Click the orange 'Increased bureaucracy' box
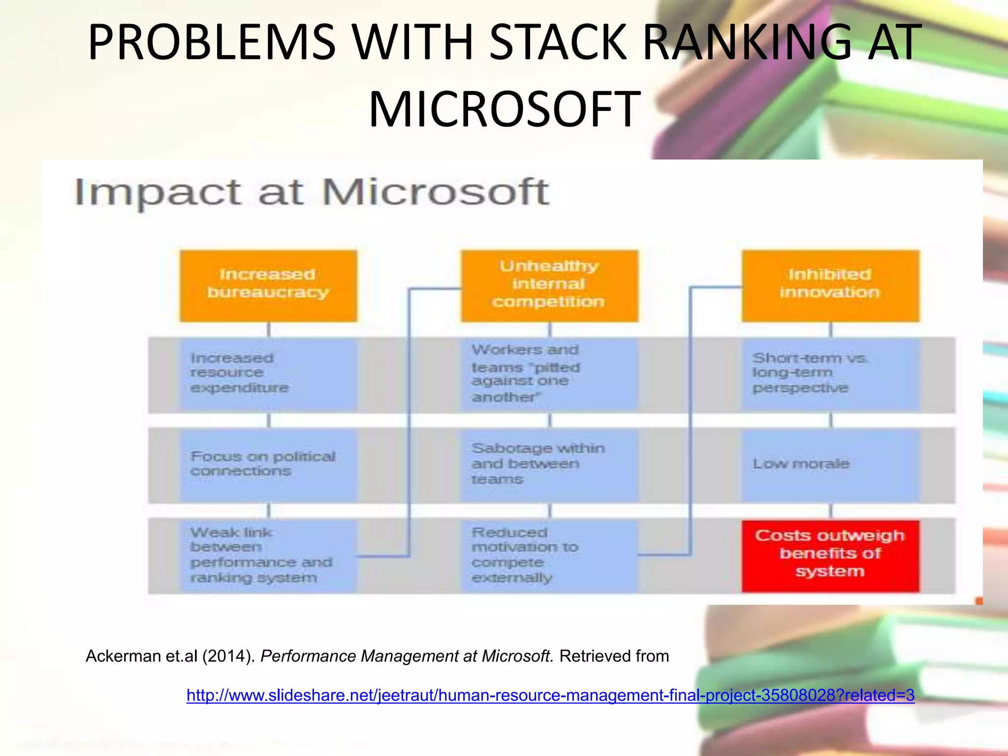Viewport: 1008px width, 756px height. [x=268, y=285]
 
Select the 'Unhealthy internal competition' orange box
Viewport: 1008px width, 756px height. [x=549, y=285]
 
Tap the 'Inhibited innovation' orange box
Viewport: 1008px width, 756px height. [x=830, y=285]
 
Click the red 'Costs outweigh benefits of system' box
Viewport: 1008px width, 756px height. [x=830, y=555]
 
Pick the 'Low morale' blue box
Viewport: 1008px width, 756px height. [x=830, y=465]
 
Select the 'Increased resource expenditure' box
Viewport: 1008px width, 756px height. [x=268, y=374]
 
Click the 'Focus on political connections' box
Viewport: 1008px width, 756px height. [x=268, y=465]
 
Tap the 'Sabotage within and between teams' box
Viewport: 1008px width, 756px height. [x=549, y=465]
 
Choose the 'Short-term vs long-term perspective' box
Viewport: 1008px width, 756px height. [x=830, y=374]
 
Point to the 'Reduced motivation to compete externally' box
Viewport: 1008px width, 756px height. [x=549, y=555]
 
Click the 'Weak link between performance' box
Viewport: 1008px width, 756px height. [x=268, y=555]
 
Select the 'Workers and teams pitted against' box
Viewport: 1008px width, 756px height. [x=549, y=374]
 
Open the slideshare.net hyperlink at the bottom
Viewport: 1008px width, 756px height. [x=550, y=695]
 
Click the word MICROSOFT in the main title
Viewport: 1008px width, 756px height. [x=504, y=109]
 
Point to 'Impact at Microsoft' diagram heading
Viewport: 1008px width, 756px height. [x=312, y=192]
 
